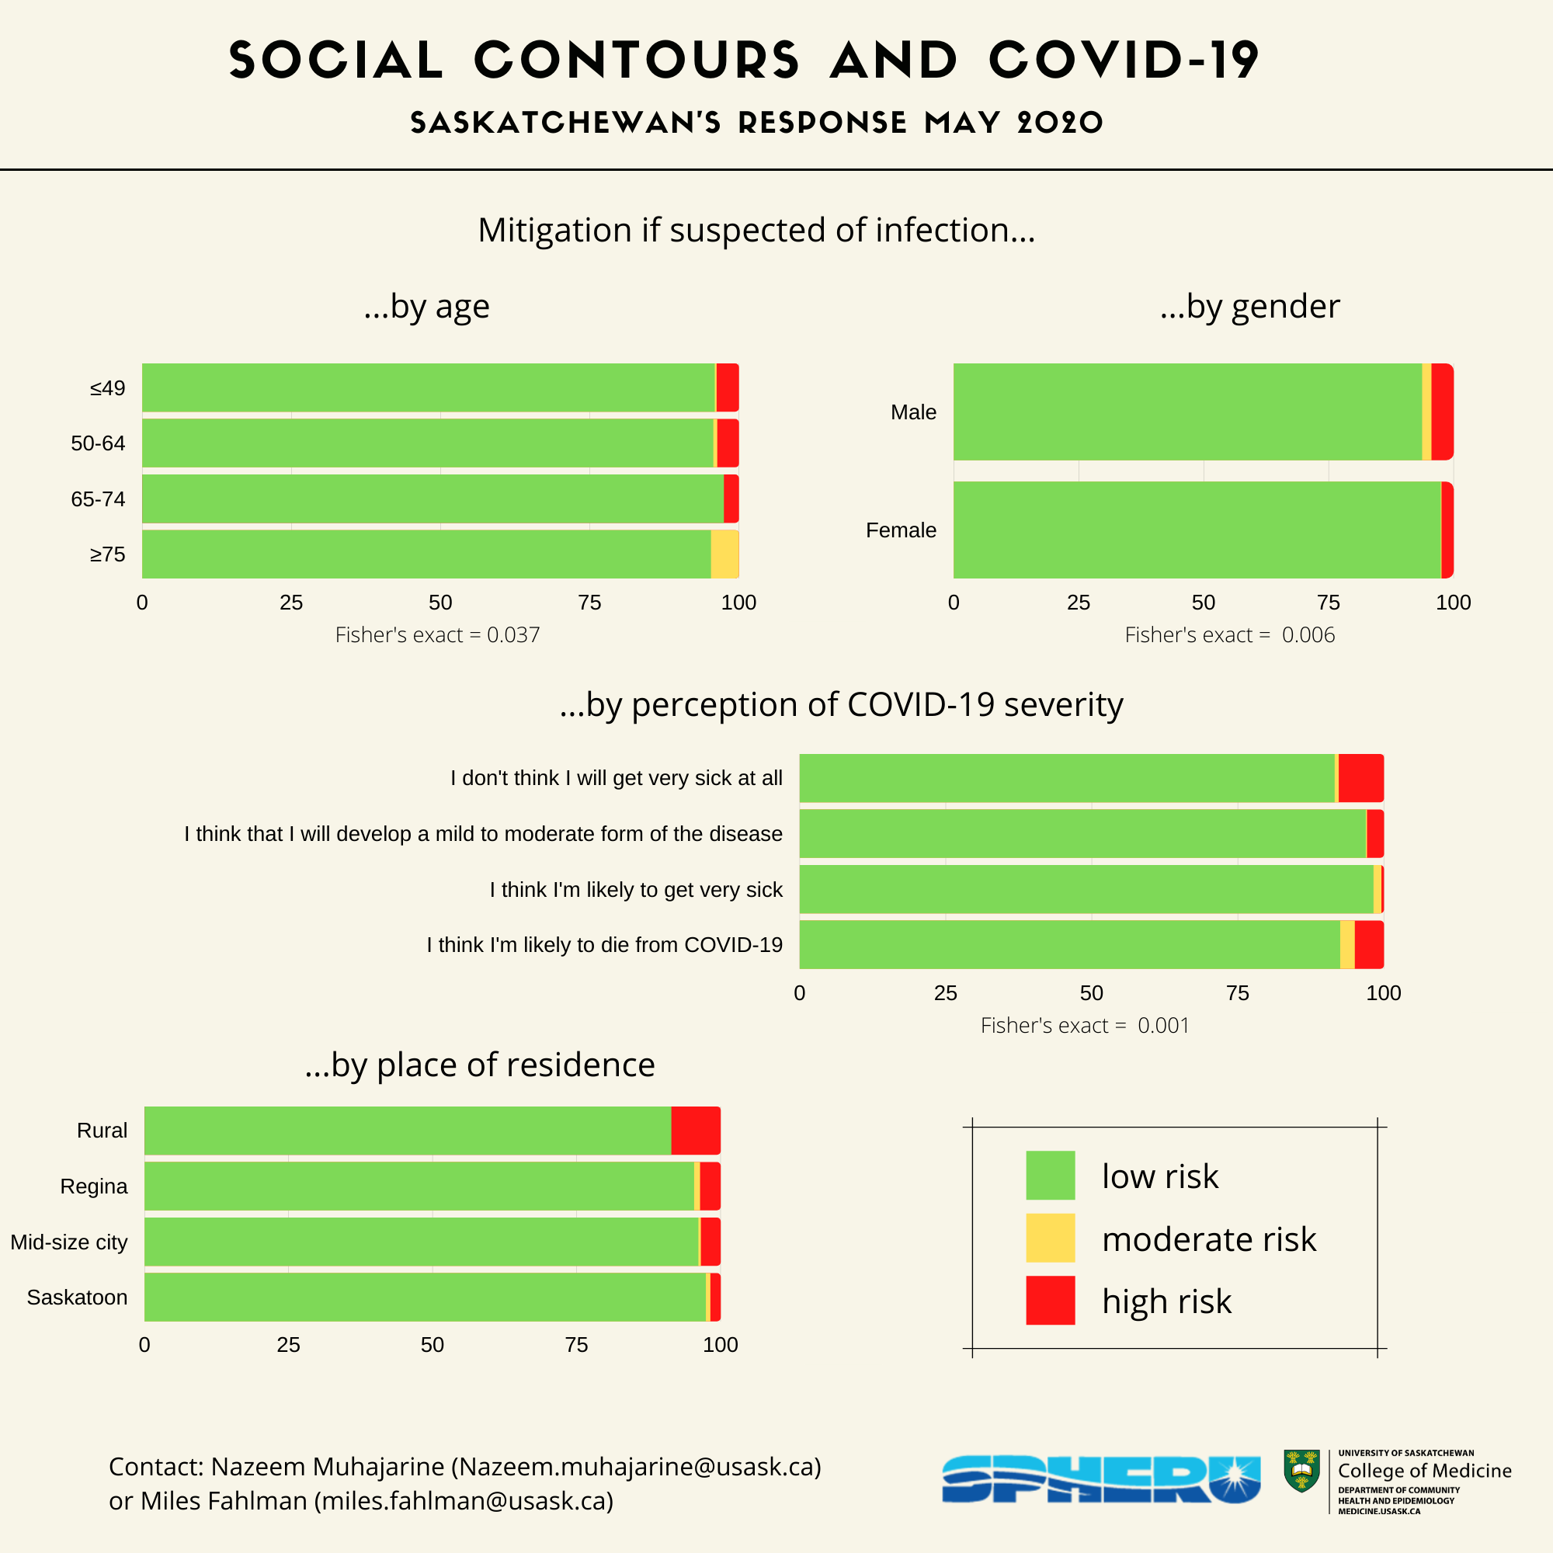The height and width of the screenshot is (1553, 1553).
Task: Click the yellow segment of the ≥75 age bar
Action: pyautogui.click(x=724, y=554)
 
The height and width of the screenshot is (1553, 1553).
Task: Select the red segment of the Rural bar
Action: pyautogui.click(x=695, y=1130)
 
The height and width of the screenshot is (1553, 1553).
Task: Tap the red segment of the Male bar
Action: pyautogui.click(x=1441, y=412)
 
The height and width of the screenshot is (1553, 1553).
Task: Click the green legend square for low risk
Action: pyautogui.click(x=1050, y=1175)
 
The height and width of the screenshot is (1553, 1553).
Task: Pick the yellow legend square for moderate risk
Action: pyautogui.click(x=1050, y=1238)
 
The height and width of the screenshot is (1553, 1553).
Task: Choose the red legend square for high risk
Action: pyautogui.click(x=1050, y=1300)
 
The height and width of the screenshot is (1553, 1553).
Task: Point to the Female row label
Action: pyautogui.click(x=900, y=530)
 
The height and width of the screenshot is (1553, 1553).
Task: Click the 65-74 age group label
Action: pyautogui.click(x=98, y=499)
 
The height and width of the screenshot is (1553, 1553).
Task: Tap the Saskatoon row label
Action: pyautogui.click(x=77, y=1298)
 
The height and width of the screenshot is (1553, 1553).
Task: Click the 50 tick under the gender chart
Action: pyautogui.click(x=1203, y=603)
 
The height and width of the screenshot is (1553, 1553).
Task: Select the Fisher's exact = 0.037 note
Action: pyautogui.click(x=437, y=635)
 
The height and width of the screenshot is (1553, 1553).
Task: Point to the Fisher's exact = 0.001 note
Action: pyautogui.click(x=1084, y=1026)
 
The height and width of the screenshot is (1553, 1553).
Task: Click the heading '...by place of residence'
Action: pyautogui.click(x=480, y=1065)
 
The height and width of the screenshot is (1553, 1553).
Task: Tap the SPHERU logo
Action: pyautogui.click(x=1100, y=1479)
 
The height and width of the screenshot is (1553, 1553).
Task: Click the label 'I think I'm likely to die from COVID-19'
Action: pyautogui.click(x=604, y=944)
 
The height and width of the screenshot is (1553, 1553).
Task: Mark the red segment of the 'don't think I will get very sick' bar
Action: pyautogui.click(x=1360, y=778)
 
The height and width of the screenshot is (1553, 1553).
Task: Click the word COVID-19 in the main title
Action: pyautogui.click(x=1123, y=61)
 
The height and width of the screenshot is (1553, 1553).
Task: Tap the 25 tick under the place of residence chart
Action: pyautogui.click(x=289, y=1345)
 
